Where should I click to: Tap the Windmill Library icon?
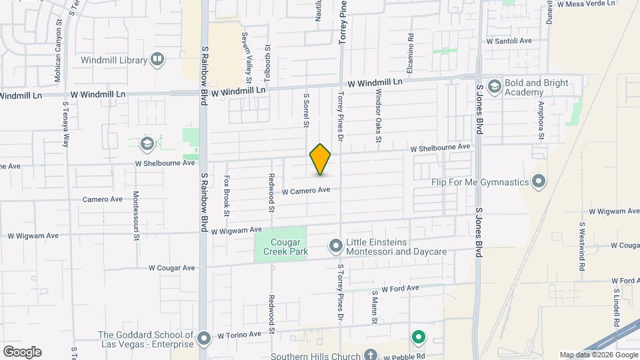point(157,60)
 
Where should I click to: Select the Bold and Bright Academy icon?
point(494,87)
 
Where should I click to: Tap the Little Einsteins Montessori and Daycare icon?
point(335,247)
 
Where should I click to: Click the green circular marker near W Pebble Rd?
point(418,338)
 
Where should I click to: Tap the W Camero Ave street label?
point(306,191)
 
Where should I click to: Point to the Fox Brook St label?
point(227,195)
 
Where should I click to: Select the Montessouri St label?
point(136,215)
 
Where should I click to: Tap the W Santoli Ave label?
point(509,41)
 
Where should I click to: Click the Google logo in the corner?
point(22,352)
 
